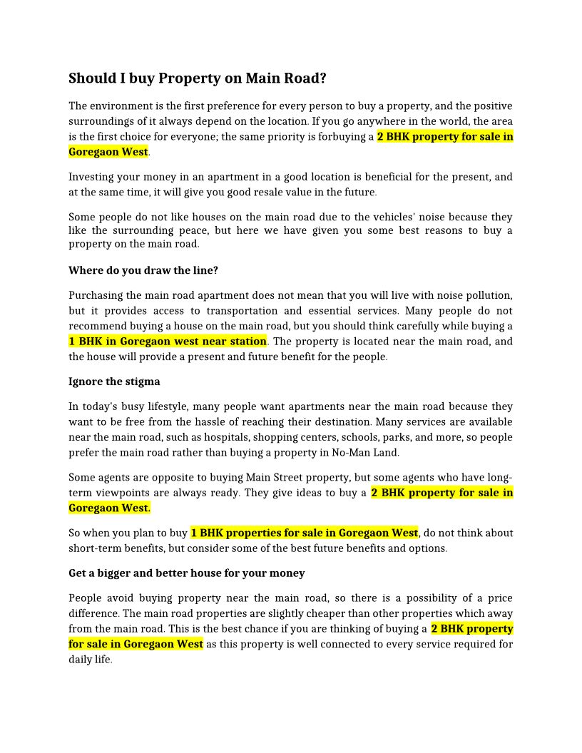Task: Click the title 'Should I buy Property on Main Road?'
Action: [198, 78]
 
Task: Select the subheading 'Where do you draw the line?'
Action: [143, 270]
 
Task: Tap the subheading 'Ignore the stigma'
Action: [114, 381]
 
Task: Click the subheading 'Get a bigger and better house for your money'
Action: [187, 573]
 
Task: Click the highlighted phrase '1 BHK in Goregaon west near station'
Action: [168, 341]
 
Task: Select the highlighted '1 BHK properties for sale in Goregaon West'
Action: [304, 533]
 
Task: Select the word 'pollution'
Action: [488, 295]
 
